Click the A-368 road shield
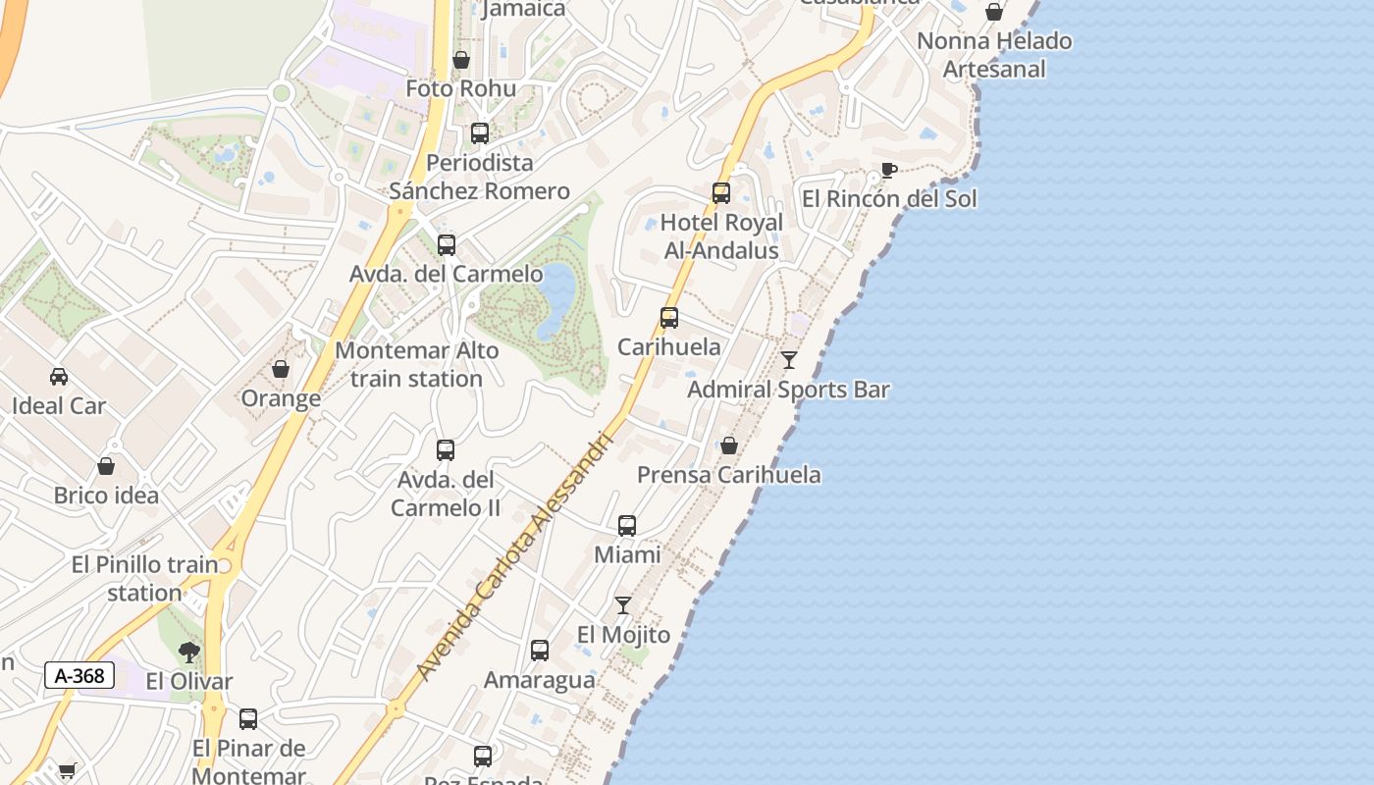(79, 675)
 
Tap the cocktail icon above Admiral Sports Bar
(789, 360)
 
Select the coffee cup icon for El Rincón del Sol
(889, 170)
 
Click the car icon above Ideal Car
(59, 377)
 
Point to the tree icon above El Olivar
(188, 652)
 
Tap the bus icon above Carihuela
(669, 318)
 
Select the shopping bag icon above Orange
(281, 369)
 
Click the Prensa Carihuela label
(729, 475)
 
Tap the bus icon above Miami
(627, 526)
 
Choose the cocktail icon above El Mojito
(623, 605)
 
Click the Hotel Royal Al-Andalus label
(721, 236)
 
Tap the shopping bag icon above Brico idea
(106, 466)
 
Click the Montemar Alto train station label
(417, 364)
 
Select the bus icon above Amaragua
(540, 651)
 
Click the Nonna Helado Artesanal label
(994, 55)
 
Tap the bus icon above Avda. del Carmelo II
(446, 450)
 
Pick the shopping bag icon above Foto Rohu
(461, 60)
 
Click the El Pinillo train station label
(144, 579)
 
